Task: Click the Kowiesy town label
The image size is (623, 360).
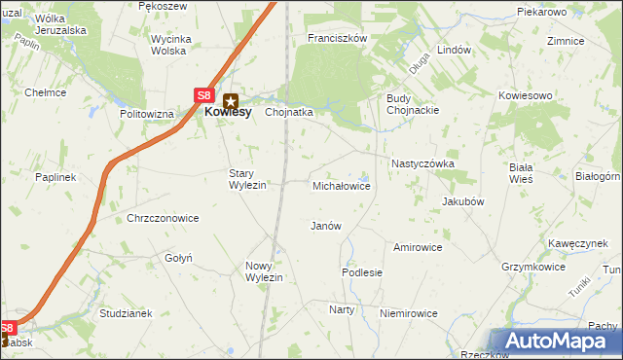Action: (x=229, y=112)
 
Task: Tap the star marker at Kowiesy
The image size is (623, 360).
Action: (x=231, y=98)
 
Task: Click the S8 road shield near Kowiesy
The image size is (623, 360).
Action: (x=202, y=95)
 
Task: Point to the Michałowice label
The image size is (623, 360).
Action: (x=341, y=185)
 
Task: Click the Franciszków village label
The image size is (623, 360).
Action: (x=336, y=38)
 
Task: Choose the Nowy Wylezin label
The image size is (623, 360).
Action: (x=264, y=271)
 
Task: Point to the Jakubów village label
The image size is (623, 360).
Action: (x=463, y=201)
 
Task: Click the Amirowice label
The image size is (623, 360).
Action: (x=418, y=247)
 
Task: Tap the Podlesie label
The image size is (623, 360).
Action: (x=361, y=273)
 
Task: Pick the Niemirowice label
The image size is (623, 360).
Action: (x=409, y=313)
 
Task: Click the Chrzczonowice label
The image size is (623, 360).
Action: (x=163, y=218)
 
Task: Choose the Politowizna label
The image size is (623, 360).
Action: (x=147, y=114)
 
